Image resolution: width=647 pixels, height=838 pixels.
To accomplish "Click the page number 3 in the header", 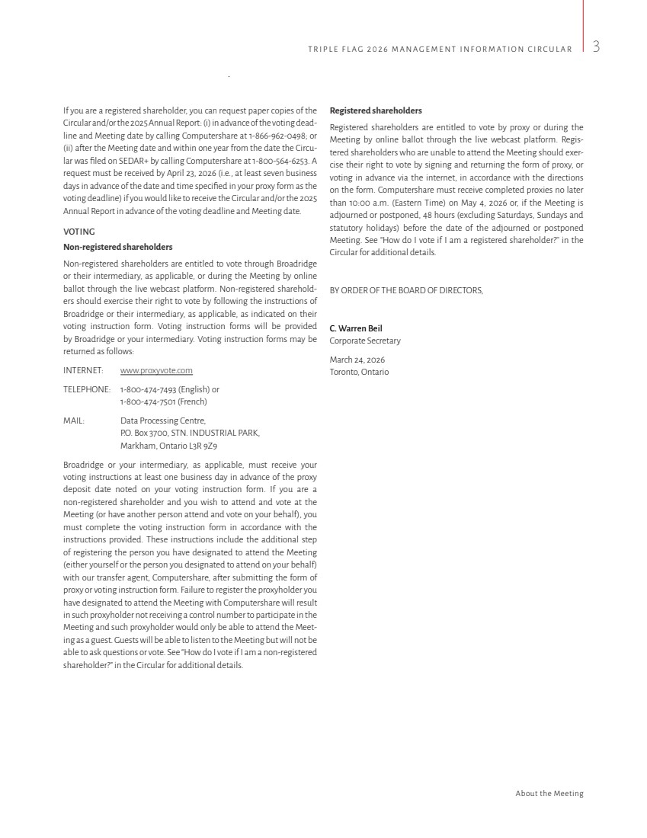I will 596,47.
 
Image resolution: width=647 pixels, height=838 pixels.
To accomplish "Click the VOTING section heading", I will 79,232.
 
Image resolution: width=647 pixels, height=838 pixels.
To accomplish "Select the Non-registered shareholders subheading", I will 117,247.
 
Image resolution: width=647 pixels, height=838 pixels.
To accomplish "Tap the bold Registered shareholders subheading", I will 376,110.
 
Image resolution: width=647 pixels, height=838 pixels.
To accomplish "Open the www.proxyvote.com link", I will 156,371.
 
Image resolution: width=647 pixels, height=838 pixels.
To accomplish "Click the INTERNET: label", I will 83,371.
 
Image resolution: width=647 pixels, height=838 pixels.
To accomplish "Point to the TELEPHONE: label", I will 87,389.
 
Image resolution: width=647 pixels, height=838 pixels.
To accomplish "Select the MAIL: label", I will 74,421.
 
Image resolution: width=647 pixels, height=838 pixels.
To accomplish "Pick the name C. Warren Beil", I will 356,328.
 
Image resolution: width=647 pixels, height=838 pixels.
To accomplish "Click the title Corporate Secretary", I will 365,341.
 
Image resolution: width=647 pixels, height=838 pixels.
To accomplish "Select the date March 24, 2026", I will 357,360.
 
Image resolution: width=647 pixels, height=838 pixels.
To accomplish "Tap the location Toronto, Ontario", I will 359,372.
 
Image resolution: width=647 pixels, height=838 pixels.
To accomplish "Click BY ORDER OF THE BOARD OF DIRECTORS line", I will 406,290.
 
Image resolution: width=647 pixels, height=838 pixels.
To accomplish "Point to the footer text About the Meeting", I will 549,794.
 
